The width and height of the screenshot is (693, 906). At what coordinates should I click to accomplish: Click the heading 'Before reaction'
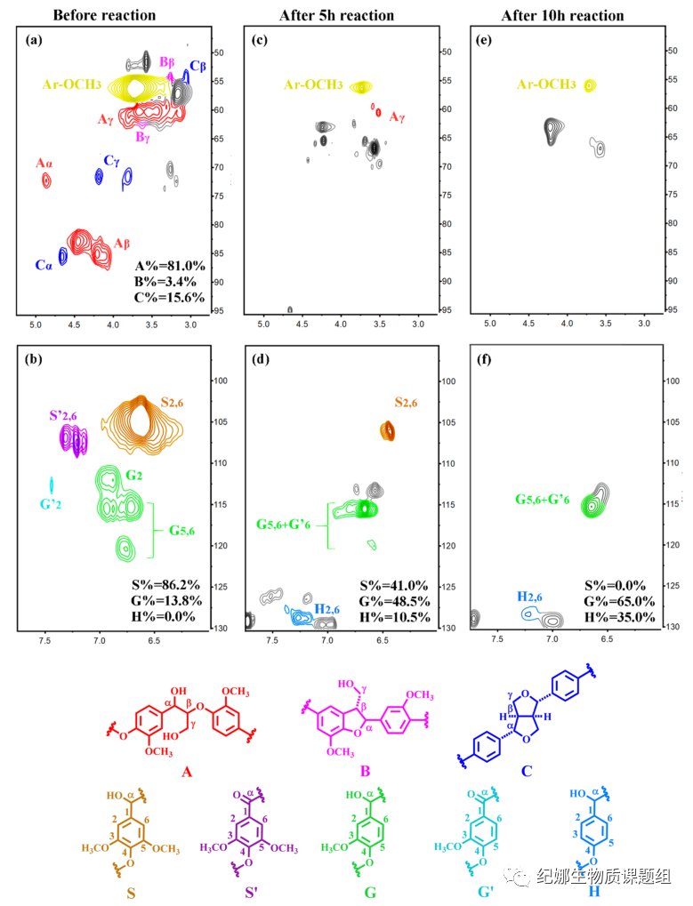pyautogui.click(x=104, y=15)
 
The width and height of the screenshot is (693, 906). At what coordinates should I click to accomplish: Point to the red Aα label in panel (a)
pyautogui.click(x=44, y=164)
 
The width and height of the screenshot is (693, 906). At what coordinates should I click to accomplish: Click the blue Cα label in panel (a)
pyautogui.click(x=44, y=264)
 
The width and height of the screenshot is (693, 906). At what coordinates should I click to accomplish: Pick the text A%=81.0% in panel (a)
pyautogui.click(x=170, y=265)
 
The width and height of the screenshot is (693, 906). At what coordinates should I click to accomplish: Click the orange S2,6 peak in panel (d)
pyautogui.click(x=388, y=431)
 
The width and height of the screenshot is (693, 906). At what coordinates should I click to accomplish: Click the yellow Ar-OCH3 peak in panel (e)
pyautogui.click(x=590, y=85)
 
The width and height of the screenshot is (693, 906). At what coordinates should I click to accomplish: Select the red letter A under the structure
pyautogui.click(x=187, y=771)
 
